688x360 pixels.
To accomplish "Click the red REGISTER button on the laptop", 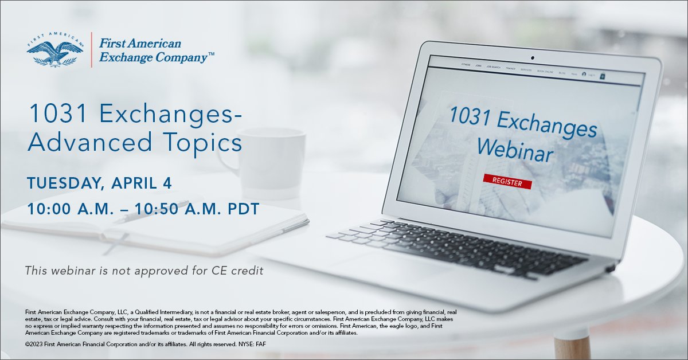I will (507, 182).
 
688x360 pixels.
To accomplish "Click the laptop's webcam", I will (532, 57).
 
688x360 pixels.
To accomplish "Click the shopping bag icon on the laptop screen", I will (603, 76).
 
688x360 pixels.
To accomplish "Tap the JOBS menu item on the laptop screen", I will (478, 66).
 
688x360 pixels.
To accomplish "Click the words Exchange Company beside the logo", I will (153, 57).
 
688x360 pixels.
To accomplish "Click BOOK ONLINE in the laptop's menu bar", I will (545, 72).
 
